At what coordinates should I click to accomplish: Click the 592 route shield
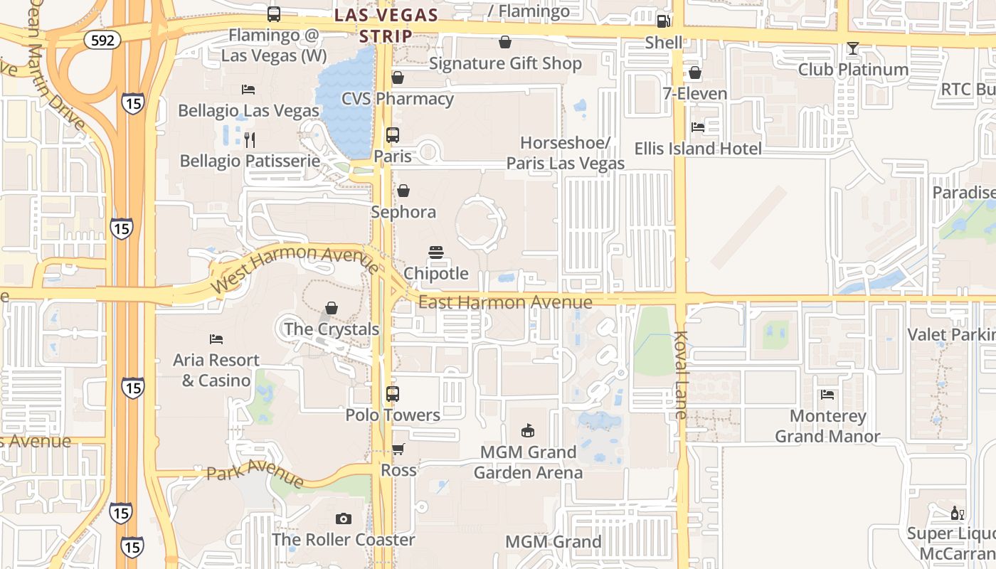pos(102,41)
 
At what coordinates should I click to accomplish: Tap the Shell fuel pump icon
pos(663,21)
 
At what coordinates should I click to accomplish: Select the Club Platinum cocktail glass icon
pos(853,48)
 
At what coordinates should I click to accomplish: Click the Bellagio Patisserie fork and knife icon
pos(249,139)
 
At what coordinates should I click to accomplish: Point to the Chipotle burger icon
pos(436,252)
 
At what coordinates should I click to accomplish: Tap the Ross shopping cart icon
pos(398,450)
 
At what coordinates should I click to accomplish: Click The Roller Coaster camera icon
pos(344,519)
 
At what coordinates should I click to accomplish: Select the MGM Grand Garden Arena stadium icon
pos(527,430)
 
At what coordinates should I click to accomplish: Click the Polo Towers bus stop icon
pos(392,393)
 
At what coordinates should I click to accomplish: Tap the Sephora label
pos(403,212)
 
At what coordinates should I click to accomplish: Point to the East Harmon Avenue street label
pos(505,302)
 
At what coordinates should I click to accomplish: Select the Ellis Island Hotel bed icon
pos(698,127)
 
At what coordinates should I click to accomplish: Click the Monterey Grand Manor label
pos(827,426)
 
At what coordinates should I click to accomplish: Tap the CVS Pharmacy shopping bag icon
pos(398,78)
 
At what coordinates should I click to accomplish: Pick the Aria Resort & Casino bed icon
pos(216,339)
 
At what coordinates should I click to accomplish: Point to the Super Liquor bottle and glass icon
pos(957,513)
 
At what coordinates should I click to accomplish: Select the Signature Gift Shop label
pos(505,63)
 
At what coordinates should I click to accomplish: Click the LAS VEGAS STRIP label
pos(386,25)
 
